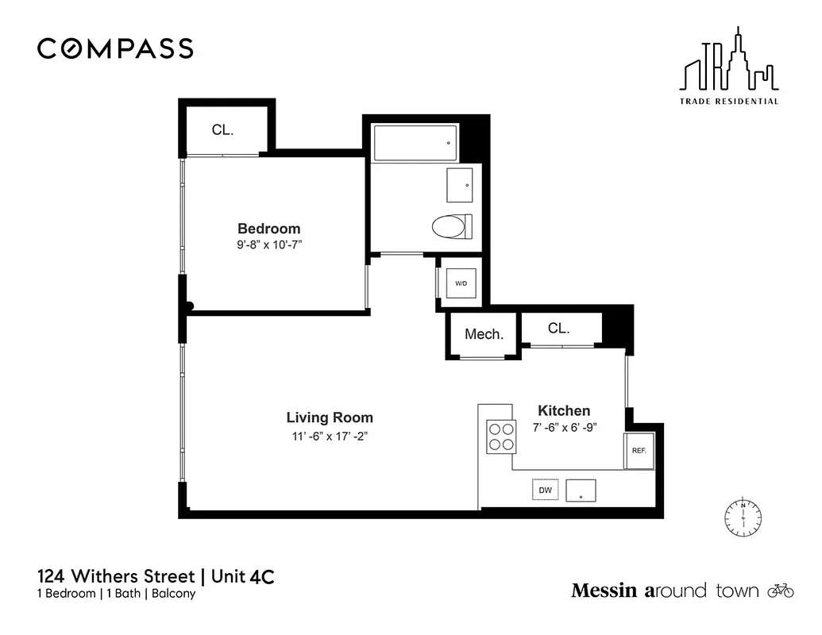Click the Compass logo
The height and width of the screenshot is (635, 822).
[115, 48]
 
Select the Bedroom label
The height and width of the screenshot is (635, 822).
[268, 229]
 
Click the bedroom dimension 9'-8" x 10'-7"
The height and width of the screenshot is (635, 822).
[268, 246]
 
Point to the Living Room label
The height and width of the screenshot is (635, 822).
[330, 418]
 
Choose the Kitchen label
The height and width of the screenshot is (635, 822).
[564, 410]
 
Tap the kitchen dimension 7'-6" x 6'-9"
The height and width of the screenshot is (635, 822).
[564, 427]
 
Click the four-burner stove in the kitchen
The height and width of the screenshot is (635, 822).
[501, 436]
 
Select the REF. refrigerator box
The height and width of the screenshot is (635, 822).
[639, 450]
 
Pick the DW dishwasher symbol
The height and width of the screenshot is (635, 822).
[545, 491]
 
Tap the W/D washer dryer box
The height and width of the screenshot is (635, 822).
[461, 283]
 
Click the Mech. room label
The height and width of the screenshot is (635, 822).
[484, 334]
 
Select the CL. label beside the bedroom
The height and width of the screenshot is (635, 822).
[222, 130]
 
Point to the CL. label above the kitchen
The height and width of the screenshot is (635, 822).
[559, 328]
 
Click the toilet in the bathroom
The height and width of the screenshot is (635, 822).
[451, 228]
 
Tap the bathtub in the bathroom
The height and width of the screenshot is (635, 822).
[415, 143]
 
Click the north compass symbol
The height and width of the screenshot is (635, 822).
[743, 518]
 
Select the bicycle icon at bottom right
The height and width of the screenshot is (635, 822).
[781, 591]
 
